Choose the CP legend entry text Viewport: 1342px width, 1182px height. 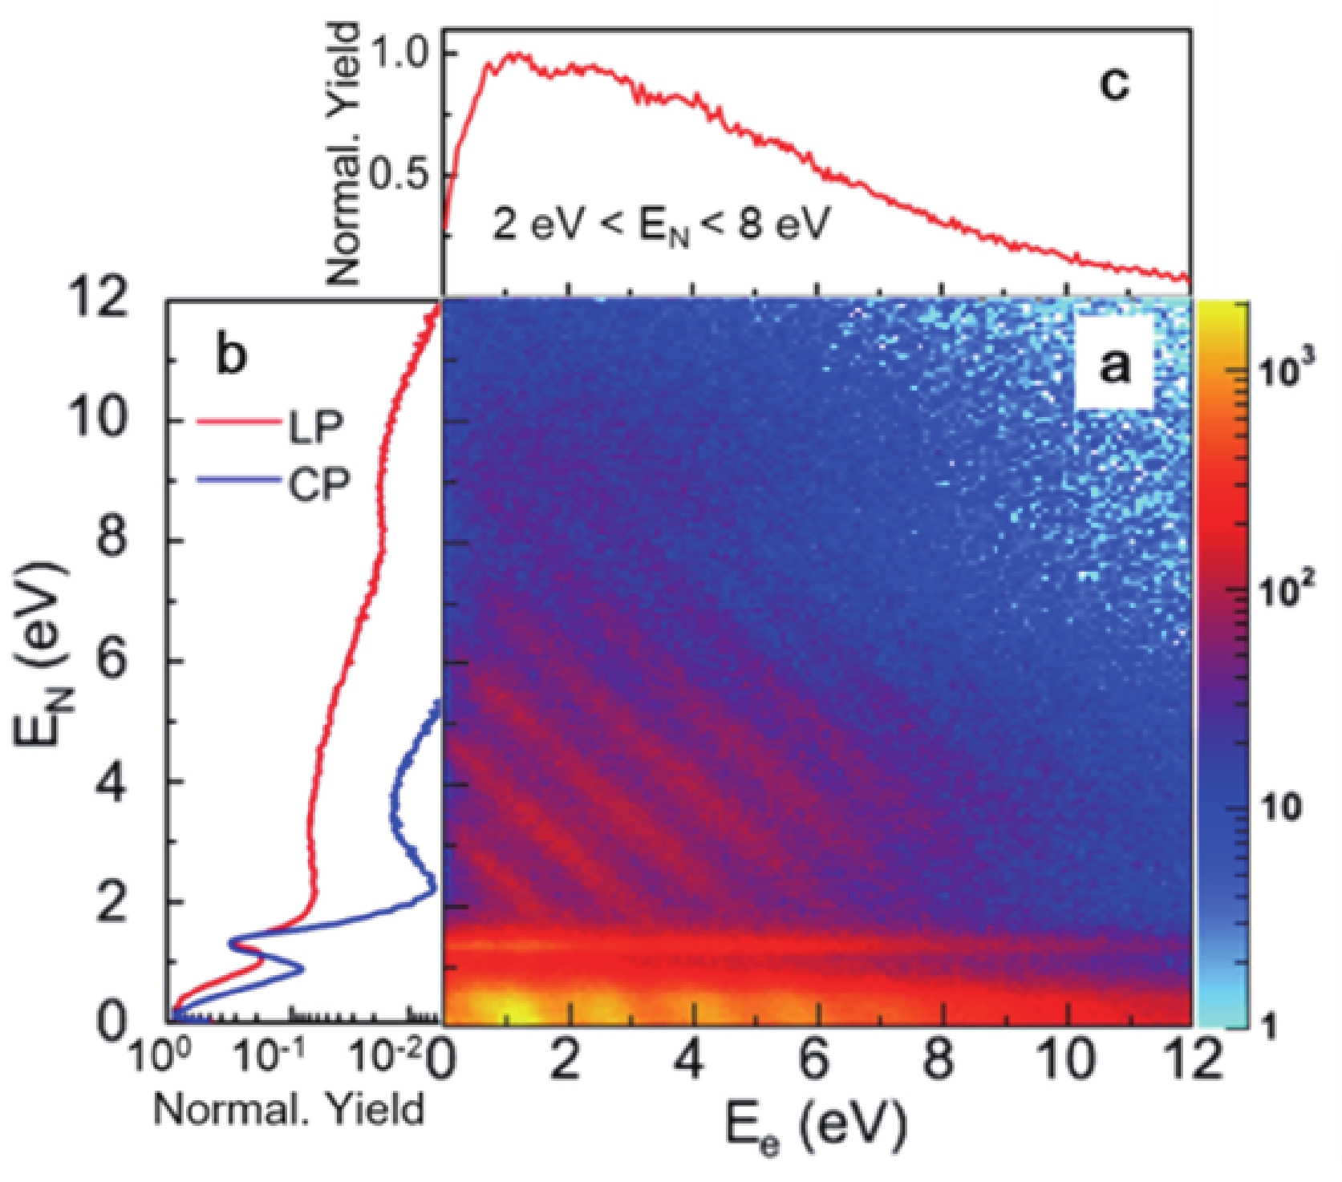pyautogui.click(x=318, y=484)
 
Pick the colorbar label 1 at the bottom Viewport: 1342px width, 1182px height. pyautogui.click(x=1269, y=1026)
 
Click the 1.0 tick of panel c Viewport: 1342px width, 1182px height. pyautogui.click(x=402, y=53)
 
